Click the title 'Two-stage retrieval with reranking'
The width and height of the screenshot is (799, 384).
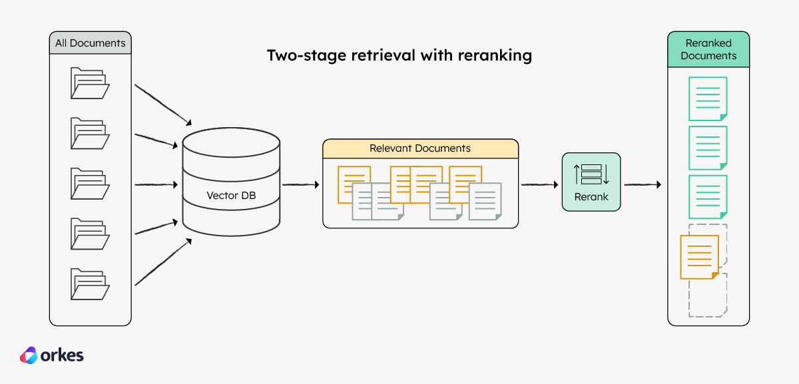tap(400, 55)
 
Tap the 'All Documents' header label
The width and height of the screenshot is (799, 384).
tap(90, 43)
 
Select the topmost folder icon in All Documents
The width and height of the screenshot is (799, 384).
tap(90, 83)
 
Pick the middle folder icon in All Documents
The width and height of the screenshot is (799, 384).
tap(90, 184)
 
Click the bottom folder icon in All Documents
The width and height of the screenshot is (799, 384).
tap(90, 284)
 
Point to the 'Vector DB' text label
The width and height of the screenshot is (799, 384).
tap(232, 196)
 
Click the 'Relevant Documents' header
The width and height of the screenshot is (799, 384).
tap(420, 148)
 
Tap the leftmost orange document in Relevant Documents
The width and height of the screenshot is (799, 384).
tap(354, 184)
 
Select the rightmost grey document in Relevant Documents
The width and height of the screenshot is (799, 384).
tap(485, 202)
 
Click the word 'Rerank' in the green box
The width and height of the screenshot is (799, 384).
tap(591, 198)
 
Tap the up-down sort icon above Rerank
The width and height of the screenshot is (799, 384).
tap(591, 174)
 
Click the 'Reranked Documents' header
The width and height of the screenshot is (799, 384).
tap(708, 50)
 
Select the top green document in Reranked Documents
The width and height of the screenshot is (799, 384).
tap(707, 98)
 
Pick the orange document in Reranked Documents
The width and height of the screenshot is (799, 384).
tap(699, 257)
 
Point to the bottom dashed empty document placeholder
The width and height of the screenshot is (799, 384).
tap(708, 296)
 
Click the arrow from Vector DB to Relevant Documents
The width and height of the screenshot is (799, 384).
tap(301, 184)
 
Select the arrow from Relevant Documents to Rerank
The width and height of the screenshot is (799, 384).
tap(539, 184)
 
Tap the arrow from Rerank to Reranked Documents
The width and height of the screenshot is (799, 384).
tap(642, 184)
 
